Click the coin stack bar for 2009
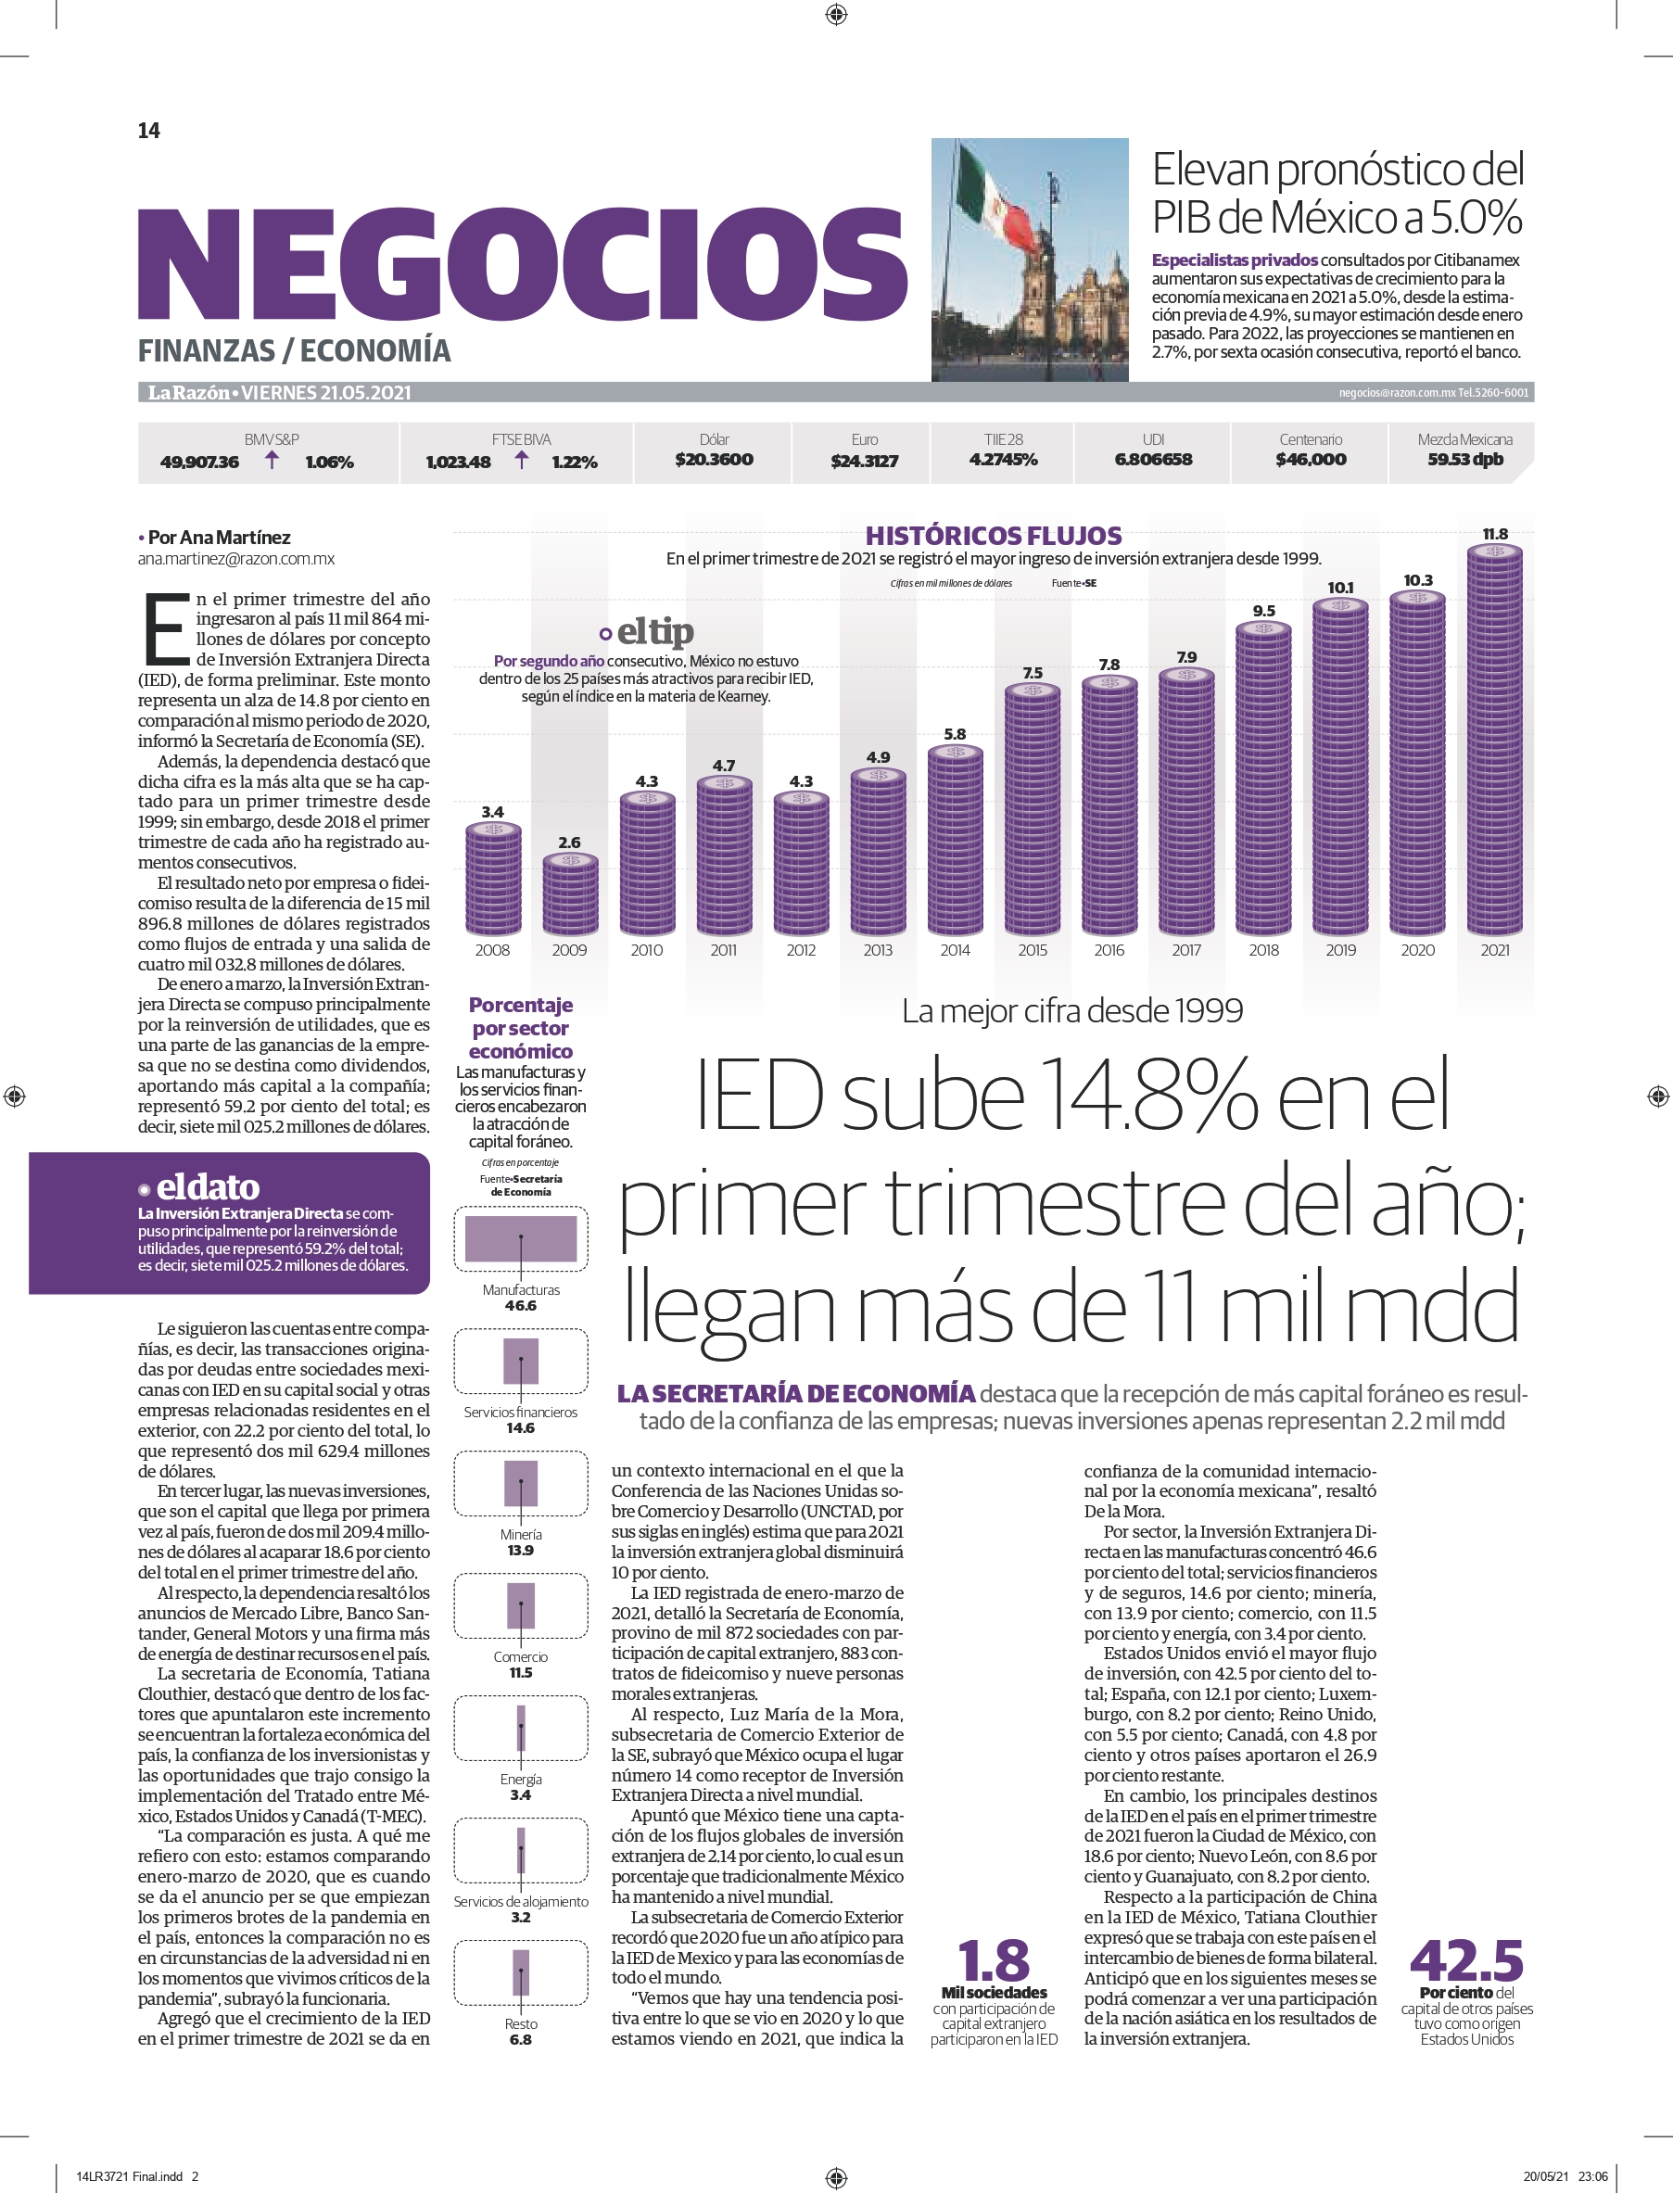pyautogui.click(x=570, y=894)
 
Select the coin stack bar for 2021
pyautogui.click(x=1495, y=740)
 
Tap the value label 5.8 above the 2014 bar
pyautogui.click(x=955, y=734)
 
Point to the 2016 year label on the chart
pyautogui.click(x=1109, y=950)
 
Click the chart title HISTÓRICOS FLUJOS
pyautogui.click(x=993, y=536)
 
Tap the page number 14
pyautogui.click(x=148, y=131)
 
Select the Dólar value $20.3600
pyautogui.click(x=714, y=459)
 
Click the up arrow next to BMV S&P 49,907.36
pyautogui.click(x=272, y=459)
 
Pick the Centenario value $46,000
pyautogui.click(x=1311, y=459)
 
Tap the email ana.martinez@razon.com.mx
pyautogui.click(x=236, y=559)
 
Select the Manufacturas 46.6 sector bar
pyautogui.click(x=521, y=1239)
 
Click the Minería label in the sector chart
pyautogui.click(x=521, y=1535)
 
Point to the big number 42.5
pyautogui.click(x=1466, y=1961)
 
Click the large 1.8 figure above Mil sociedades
pyautogui.click(x=994, y=1961)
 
